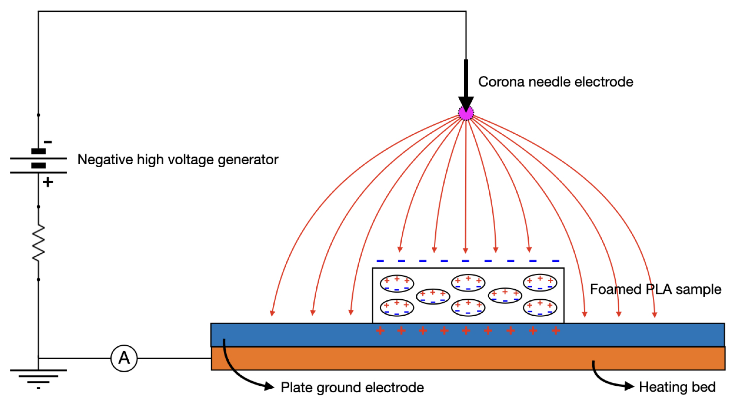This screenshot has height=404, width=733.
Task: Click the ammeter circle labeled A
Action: tap(124, 358)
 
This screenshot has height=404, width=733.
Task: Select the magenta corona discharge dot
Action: tap(466, 113)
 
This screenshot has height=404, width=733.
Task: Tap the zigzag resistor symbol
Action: tap(38, 243)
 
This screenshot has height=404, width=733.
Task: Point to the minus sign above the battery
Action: tap(48, 142)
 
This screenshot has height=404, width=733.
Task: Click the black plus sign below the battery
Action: tap(48, 182)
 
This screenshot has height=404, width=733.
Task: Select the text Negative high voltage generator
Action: tap(178, 160)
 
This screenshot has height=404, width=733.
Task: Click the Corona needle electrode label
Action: tap(555, 82)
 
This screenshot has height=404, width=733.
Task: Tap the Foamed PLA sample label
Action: tap(655, 289)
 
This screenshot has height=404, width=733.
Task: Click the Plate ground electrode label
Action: tap(352, 387)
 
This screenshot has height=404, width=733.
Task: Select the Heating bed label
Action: tap(677, 387)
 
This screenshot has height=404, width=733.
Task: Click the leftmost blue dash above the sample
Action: tap(380, 261)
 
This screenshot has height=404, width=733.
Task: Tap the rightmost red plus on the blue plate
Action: tap(555, 331)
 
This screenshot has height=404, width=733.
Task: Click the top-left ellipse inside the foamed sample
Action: tap(396, 283)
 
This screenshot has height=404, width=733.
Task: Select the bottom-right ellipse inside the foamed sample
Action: tap(539, 307)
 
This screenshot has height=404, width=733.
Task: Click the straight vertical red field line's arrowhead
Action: tap(465, 250)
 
